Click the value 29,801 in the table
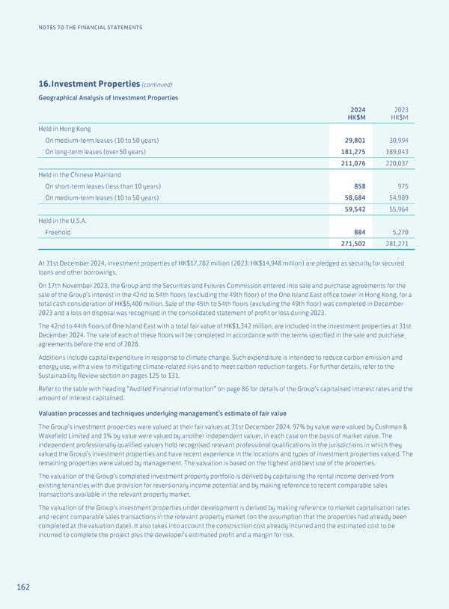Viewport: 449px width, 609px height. (353, 141)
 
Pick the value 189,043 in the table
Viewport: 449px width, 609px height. (396, 153)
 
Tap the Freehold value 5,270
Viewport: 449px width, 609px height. (398, 232)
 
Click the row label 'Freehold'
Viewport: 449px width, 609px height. (58, 232)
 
